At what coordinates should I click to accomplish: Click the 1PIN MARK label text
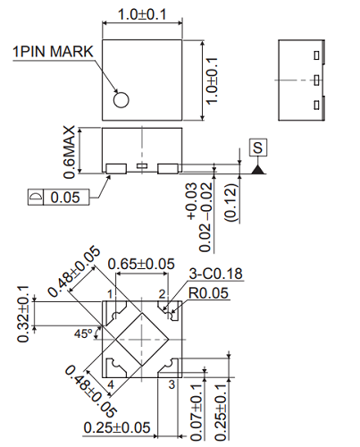[x=51, y=52]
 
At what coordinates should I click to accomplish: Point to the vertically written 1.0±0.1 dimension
[x=211, y=80]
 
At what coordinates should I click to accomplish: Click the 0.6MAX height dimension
[x=70, y=150]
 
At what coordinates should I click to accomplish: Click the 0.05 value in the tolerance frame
[x=68, y=197]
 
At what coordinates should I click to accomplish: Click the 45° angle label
[x=83, y=334]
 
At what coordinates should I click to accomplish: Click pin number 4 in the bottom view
[x=110, y=384]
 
